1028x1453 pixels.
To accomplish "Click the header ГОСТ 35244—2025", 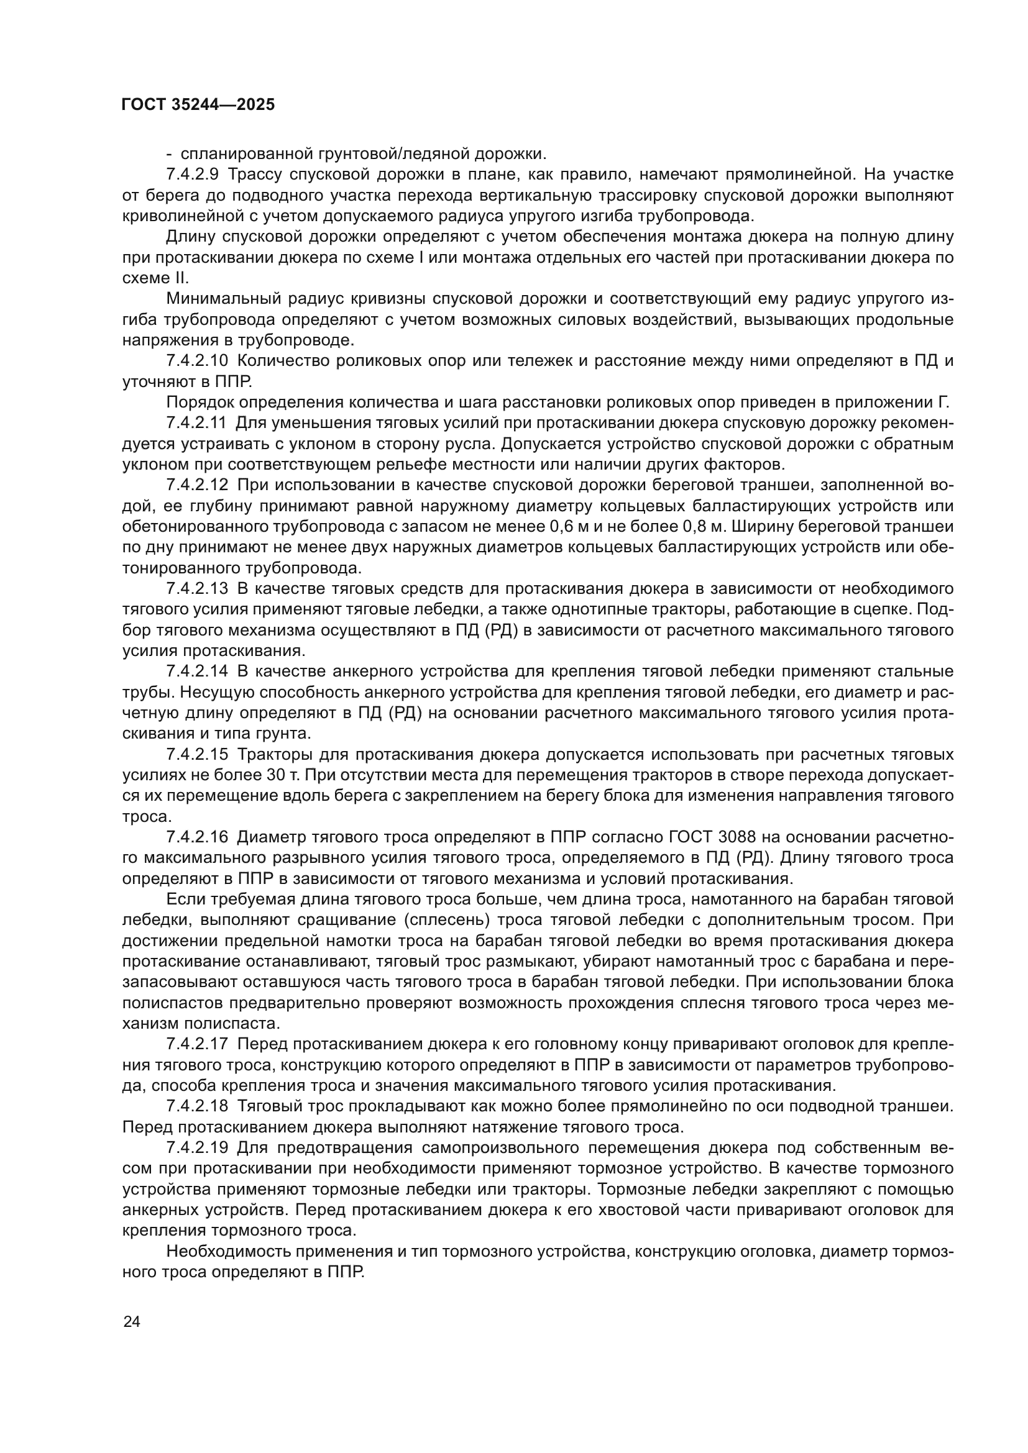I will (x=198, y=105).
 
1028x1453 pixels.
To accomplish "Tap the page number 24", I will (x=132, y=1321).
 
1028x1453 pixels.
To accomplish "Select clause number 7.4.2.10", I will (x=197, y=362).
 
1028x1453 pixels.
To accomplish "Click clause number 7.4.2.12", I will (x=197, y=485).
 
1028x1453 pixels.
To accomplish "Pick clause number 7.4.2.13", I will (x=197, y=589).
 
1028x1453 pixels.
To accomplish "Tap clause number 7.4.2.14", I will (x=197, y=672).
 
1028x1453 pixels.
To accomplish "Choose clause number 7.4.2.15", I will (x=197, y=755).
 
